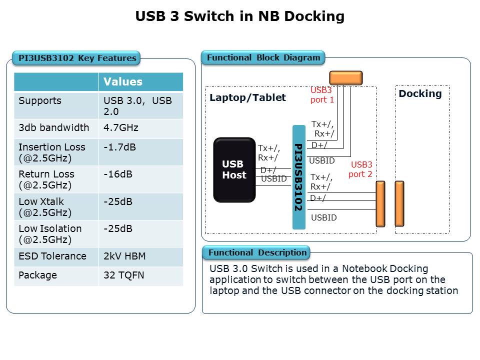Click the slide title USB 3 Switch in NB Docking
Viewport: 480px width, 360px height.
tap(240, 16)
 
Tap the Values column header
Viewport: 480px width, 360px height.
tap(123, 82)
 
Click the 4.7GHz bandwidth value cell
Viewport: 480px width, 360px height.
tap(120, 127)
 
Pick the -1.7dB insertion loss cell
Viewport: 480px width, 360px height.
tap(119, 147)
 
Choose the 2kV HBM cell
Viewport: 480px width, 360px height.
tap(124, 256)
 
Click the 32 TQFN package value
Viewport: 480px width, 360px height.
tap(123, 275)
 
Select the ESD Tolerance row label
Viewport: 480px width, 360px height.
tap(52, 256)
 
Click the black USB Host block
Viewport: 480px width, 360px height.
tap(234, 170)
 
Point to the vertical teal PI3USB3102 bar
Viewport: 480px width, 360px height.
tap(298, 177)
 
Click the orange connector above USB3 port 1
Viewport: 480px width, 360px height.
tap(345, 77)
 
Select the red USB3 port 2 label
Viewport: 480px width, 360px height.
tap(360, 169)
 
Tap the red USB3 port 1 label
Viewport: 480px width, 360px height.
tap(322, 95)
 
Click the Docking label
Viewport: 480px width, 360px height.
tap(420, 94)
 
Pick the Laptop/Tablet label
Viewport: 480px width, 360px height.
tap(247, 97)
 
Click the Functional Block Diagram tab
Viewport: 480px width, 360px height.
tap(263, 57)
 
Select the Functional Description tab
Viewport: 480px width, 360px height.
tap(257, 252)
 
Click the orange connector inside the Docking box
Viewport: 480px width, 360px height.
tap(399, 203)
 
